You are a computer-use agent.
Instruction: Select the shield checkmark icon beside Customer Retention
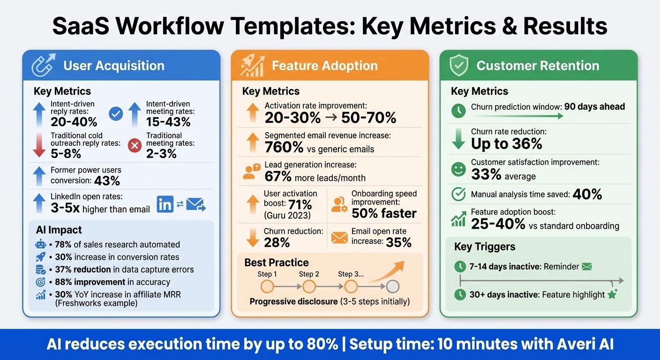tap(459, 65)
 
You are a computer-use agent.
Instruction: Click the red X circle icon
tap(135, 145)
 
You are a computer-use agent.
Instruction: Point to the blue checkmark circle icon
tap(115, 113)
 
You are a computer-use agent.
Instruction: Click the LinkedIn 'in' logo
tap(165, 204)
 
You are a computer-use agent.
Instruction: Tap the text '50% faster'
tap(384, 213)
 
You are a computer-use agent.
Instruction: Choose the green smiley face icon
tap(458, 169)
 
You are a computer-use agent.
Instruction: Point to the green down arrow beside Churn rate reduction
tap(458, 139)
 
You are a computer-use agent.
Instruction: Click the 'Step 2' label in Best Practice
tap(309, 274)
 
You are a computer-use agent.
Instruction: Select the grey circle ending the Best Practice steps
tap(393, 286)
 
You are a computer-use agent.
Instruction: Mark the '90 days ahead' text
tap(594, 106)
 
